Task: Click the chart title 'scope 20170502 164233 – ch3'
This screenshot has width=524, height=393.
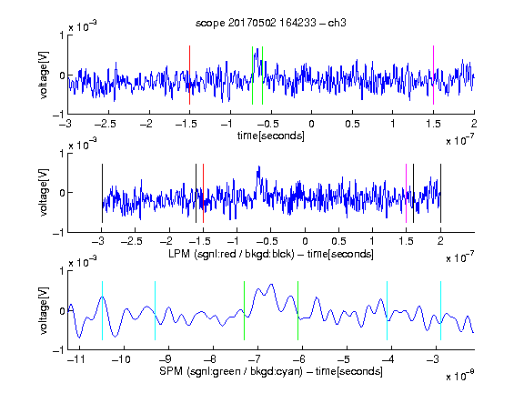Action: click(x=271, y=23)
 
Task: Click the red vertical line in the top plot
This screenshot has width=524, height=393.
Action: click(x=189, y=76)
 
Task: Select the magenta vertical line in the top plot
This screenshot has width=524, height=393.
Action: click(x=433, y=76)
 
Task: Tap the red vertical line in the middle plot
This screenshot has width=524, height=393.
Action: click(x=203, y=193)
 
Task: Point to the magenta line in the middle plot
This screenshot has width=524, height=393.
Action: click(x=406, y=193)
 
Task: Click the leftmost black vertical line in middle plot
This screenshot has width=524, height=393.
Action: click(x=102, y=193)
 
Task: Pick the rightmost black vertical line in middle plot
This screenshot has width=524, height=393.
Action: click(x=440, y=193)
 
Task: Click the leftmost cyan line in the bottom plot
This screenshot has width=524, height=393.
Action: click(x=102, y=311)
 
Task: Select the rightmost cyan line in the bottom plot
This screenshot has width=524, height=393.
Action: click(x=440, y=311)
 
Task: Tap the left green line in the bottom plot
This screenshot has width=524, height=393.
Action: click(x=245, y=311)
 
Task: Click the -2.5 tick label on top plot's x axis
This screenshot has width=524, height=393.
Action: click(x=106, y=124)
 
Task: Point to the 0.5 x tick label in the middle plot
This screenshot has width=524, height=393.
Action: click(x=338, y=241)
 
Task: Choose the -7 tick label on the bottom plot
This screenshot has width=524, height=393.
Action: click(x=255, y=359)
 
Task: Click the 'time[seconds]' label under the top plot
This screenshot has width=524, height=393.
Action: click(x=271, y=136)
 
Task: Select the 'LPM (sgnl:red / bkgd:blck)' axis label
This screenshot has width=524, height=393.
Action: click(x=231, y=254)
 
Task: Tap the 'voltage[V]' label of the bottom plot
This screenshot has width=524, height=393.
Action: click(x=44, y=310)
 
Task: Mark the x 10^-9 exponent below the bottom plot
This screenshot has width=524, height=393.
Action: click(x=459, y=376)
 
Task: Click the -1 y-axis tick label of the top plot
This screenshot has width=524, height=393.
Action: click(x=58, y=115)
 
